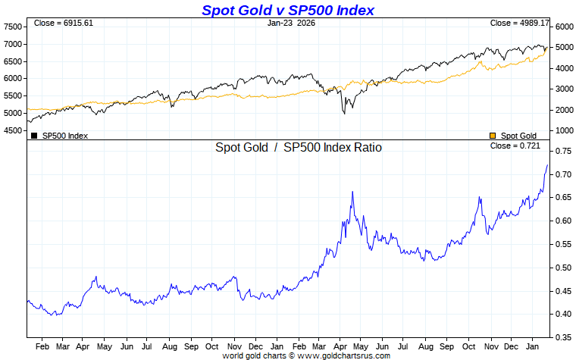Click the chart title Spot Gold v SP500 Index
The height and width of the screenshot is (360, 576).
coord(288,10)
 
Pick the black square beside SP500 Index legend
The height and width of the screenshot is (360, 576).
coord(34,136)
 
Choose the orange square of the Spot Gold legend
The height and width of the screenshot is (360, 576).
coord(493,136)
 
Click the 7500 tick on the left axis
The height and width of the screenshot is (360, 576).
coord(13,27)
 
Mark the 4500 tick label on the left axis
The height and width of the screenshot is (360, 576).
coord(13,130)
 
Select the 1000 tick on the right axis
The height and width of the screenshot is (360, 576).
coord(562,130)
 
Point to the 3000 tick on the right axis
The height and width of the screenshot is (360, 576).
coord(562,89)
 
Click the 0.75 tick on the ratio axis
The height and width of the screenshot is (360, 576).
coord(562,152)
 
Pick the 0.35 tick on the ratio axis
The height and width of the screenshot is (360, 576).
coord(562,337)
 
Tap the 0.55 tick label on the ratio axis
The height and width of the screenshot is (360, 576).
coord(562,245)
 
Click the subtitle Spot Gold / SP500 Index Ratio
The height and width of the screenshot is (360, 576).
coord(299,148)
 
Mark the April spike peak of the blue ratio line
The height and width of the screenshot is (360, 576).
coord(352,193)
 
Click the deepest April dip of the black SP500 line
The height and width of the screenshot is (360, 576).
coord(344,113)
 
